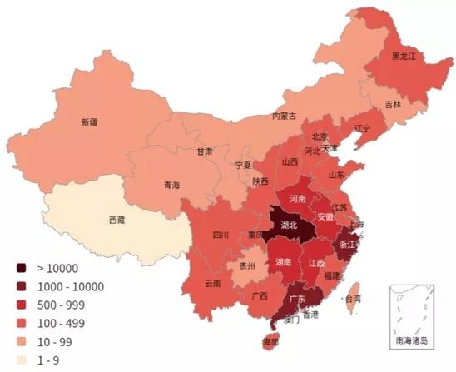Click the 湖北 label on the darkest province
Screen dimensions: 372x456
pos(290,226)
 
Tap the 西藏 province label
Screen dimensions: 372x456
pos(117,221)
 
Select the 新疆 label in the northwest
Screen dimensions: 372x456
pos(89,122)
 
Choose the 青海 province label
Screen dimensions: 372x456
pos(171,185)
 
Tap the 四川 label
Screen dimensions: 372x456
pos(220,235)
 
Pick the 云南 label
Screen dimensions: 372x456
pos(212,284)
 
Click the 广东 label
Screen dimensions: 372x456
pos(294,298)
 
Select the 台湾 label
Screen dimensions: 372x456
pos(354,298)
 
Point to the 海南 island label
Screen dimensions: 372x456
pos(270,342)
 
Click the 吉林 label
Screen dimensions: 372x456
pos(392,105)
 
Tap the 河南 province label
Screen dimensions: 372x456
pos(296,200)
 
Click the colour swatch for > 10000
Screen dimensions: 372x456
pos(22,268)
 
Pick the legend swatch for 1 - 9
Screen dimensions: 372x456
pos(22,360)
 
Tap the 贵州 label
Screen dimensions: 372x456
pos(247,266)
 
